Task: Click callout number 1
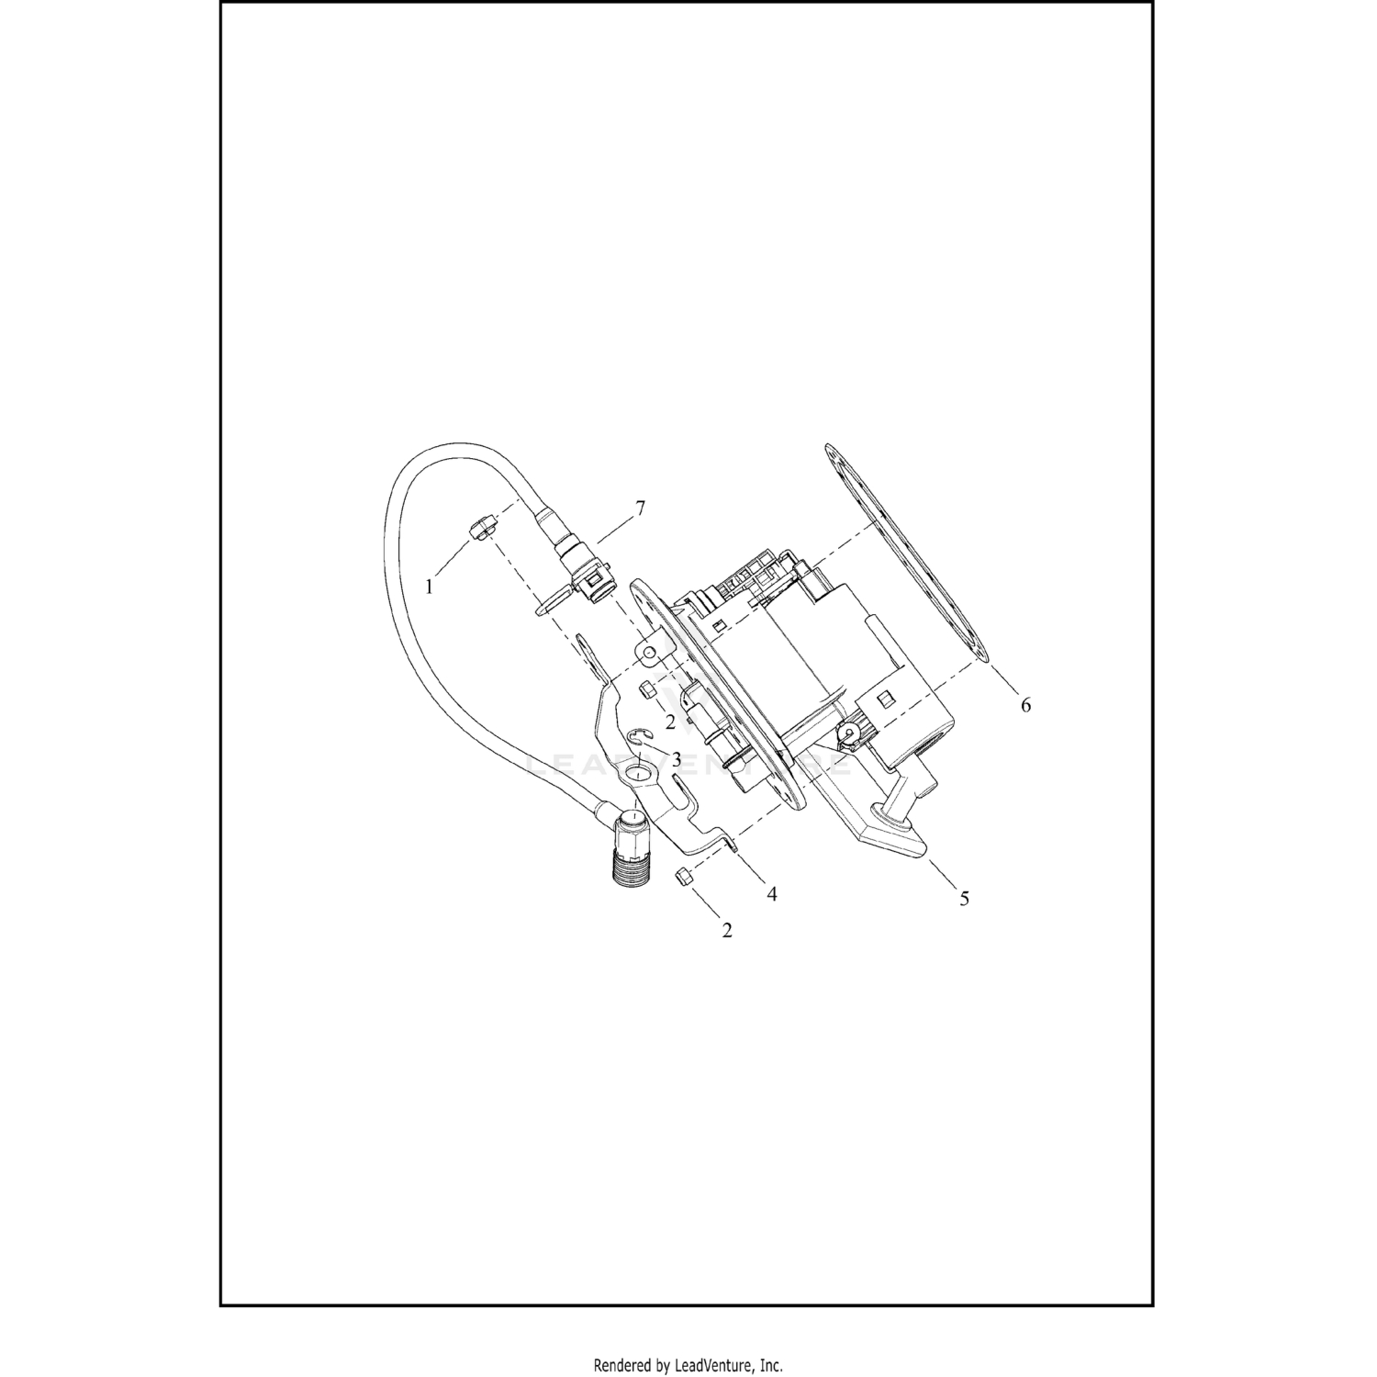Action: click(x=429, y=587)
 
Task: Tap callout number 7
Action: click(x=640, y=508)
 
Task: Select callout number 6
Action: click(x=1025, y=704)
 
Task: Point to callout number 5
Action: click(x=964, y=899)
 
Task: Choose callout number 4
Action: click(x=772, y=893)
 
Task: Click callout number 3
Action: click(x=676, y=760)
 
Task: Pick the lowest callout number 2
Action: click(x=727, y=930)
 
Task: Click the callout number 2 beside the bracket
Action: click(x=670, y=722)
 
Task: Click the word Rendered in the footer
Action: click(x=623, y=1364)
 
